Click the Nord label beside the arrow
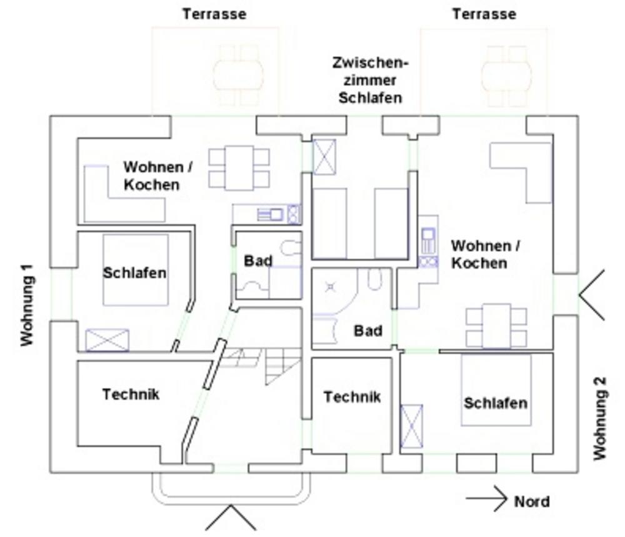(x=532, y=501)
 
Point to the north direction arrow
(x=486, y=498)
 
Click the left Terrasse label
(x=214, y=14)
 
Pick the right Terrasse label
(x=484, y=14)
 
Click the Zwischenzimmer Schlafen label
(x=371, y=81)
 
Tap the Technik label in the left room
(x=131, y=394)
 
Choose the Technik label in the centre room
(x=352, y=396)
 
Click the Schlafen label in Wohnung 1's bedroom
(x=135, y=273)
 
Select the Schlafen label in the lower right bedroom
(x=495, y=403)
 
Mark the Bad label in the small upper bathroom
(x=258, y=261)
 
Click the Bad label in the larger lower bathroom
(x=368, y=330)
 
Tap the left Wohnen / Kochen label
(x=153, y=176)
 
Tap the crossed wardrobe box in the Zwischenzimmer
(x=324, y=156)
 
